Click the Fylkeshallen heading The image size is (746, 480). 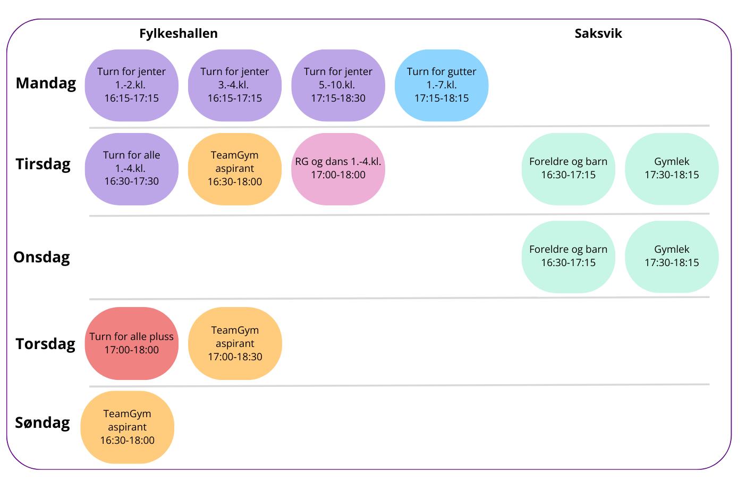179,34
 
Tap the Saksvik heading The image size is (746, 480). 598,34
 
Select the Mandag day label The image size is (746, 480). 46,83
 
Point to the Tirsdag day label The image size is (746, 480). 43,164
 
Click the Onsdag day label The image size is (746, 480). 41,257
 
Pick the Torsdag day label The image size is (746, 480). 45,344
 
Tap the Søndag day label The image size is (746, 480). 43,423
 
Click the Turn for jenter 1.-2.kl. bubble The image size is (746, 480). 131,85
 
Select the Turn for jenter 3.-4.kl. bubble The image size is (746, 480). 234,85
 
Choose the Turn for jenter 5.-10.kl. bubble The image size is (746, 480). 338,85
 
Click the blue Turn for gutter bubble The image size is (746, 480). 441,85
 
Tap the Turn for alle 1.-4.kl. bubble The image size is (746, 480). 131,169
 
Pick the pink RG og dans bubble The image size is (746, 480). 338,169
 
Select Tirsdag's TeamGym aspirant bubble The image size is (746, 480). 234,169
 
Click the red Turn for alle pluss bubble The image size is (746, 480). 131,343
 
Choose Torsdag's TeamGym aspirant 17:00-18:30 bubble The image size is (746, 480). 234,343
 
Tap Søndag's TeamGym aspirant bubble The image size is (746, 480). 127,427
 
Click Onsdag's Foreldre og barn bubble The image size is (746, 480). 568,256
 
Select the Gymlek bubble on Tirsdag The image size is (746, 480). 672,169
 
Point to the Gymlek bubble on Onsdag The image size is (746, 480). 672,256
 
